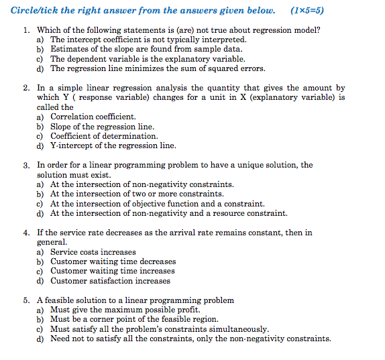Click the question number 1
coord(25,30)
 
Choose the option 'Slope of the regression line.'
coord(102,127)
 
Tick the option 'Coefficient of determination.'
coord(104,136)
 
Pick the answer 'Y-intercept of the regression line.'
coord(113,145)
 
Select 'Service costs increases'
coord(93,252)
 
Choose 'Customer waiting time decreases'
coord(113,261)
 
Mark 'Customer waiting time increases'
coord(112,271)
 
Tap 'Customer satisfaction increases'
coord(110,281)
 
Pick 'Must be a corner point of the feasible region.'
coord(134,320)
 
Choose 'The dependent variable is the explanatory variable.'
coord(148,59)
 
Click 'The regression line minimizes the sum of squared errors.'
coord(158,68)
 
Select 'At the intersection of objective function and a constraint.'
coord(157,204)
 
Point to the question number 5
coord(25,300)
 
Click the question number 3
coord(25,165)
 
